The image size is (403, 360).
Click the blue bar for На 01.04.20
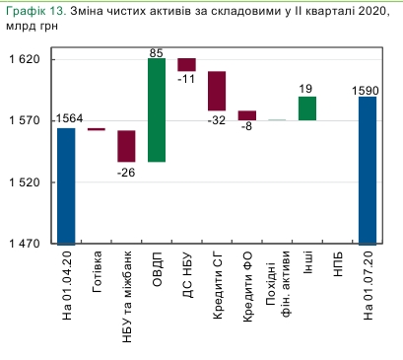(66, 185)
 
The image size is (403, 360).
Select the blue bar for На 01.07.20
(368, 170)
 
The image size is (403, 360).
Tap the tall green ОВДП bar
(157, 109)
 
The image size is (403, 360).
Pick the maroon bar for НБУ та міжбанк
(126, 146)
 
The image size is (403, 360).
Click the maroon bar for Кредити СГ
(217, 91)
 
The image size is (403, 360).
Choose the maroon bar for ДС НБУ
(186, 65)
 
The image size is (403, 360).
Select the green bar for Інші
(307, 108)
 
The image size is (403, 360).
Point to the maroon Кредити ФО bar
(247, 115)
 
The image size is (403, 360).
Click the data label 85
(157, 50)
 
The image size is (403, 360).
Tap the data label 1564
(69, 119)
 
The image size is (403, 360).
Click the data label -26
(126, 173)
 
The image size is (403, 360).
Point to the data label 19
(306, 88)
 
